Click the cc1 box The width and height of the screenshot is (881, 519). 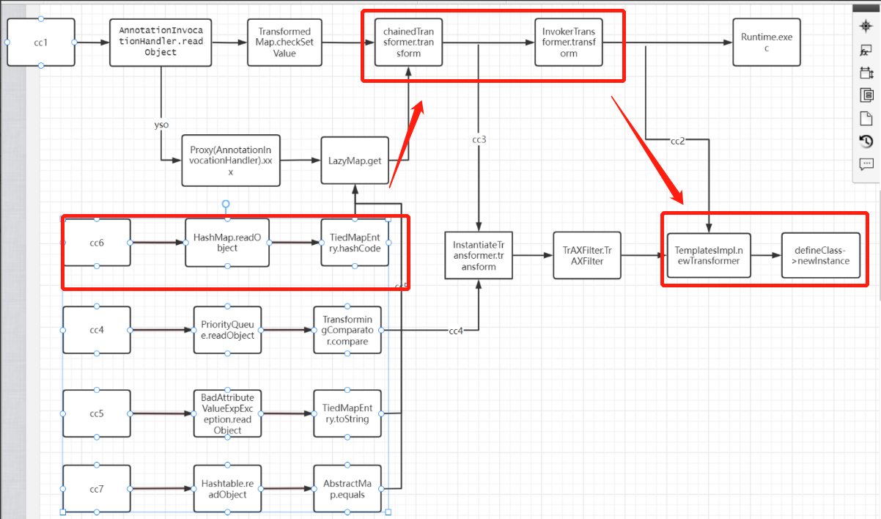41,42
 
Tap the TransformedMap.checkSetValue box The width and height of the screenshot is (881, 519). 284,42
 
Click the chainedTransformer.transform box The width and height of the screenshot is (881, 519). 408,43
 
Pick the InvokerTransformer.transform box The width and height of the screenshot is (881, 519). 568,43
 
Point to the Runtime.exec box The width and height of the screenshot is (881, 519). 766,43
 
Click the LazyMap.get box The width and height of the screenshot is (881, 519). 355,160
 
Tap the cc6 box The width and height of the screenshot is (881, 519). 97,242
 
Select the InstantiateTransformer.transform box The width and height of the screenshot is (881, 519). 479,255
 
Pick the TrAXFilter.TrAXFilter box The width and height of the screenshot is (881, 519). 586,255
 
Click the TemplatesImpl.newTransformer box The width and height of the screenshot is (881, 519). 708,255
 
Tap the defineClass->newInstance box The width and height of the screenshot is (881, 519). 820,255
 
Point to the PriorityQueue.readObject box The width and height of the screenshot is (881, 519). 226,330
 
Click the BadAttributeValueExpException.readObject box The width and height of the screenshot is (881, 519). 227,413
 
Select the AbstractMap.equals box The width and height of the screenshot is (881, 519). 347,488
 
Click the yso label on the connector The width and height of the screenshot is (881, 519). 161,125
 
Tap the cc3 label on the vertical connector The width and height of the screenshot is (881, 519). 479,139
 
